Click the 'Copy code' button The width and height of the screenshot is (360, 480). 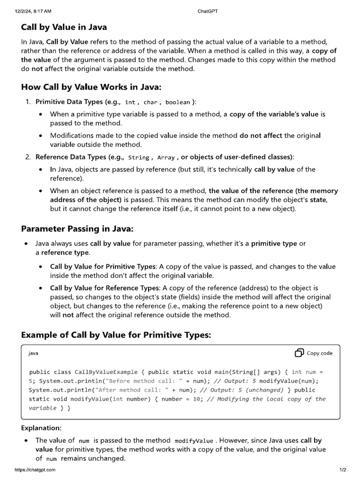tap(319, 353)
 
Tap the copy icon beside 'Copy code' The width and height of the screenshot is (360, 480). tap(299, 353)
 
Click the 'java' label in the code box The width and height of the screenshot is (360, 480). tap(33, 353)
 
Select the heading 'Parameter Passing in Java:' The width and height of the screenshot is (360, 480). tap(77, 229)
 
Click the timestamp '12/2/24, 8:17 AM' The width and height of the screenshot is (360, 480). tap(33, 10)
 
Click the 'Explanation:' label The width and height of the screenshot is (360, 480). tap(41, 428)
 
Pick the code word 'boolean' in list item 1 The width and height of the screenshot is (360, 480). tap(178, 102)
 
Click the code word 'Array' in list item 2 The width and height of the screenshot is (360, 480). tap(166, 157)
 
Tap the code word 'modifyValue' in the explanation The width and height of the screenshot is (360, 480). tap(194, 441)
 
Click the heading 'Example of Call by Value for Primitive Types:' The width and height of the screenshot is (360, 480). tap(116, 335)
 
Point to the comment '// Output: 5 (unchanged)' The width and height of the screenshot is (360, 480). tap(241, 390)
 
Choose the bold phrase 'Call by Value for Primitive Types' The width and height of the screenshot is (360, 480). tap(104, 266)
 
